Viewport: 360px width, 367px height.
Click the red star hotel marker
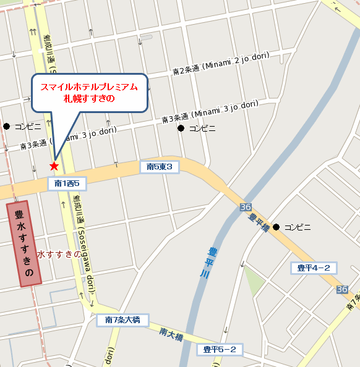point(54,166)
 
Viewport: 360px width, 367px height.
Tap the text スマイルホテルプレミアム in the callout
point(89,87)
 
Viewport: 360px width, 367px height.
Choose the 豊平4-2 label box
point(314,268)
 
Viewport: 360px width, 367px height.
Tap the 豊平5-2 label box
point(220,350)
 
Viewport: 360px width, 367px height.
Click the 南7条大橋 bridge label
point(122,320)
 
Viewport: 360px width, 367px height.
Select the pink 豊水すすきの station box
point(23,244)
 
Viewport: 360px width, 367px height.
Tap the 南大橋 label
point(171,334)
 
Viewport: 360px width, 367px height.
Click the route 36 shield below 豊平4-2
point(341,289)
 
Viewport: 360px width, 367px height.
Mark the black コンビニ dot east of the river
point(276,227)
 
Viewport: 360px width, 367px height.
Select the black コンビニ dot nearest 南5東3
point(181,129)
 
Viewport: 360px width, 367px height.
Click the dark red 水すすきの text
point(59,254)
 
